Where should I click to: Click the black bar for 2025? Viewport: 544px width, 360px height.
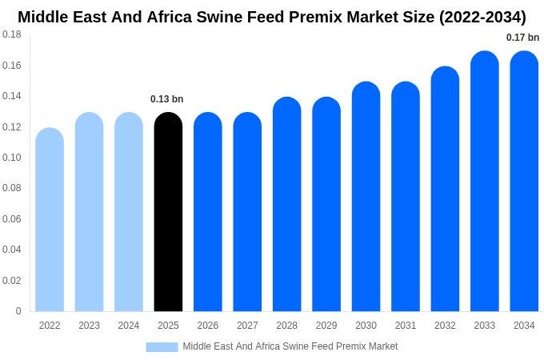[x=168, y=212]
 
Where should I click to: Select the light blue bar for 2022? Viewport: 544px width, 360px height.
[x=50, y=220]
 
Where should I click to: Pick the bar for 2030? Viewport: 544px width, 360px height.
[x=366, y=197]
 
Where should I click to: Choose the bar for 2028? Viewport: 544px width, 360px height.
[x=286, y=204]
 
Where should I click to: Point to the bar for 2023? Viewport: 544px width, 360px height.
[x=89, y=212]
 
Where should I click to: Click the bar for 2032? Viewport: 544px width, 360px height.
[x=445, y=189]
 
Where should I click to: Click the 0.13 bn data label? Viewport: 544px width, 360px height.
[x=166, y=99]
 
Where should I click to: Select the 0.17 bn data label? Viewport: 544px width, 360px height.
[x=522, y=38]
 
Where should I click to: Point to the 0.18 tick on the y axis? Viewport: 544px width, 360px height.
[x=12, y=34]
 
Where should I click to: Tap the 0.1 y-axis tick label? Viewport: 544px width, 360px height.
[x=12, y=158]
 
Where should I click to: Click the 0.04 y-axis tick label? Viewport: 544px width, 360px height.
[x=12, y=250]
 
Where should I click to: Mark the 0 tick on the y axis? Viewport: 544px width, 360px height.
[x=18, y=311]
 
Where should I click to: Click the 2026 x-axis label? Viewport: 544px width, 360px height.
[x=207, y=326]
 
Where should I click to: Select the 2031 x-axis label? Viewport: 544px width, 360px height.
[x=406, y=326]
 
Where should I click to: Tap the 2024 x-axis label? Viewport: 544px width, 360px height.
[x=129, y=326]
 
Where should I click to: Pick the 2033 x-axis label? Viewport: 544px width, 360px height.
[x=484, y=326]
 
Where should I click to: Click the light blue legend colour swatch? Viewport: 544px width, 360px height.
[x=162, y=346]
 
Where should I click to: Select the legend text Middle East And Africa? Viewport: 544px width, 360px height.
[x=233, y=346]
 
